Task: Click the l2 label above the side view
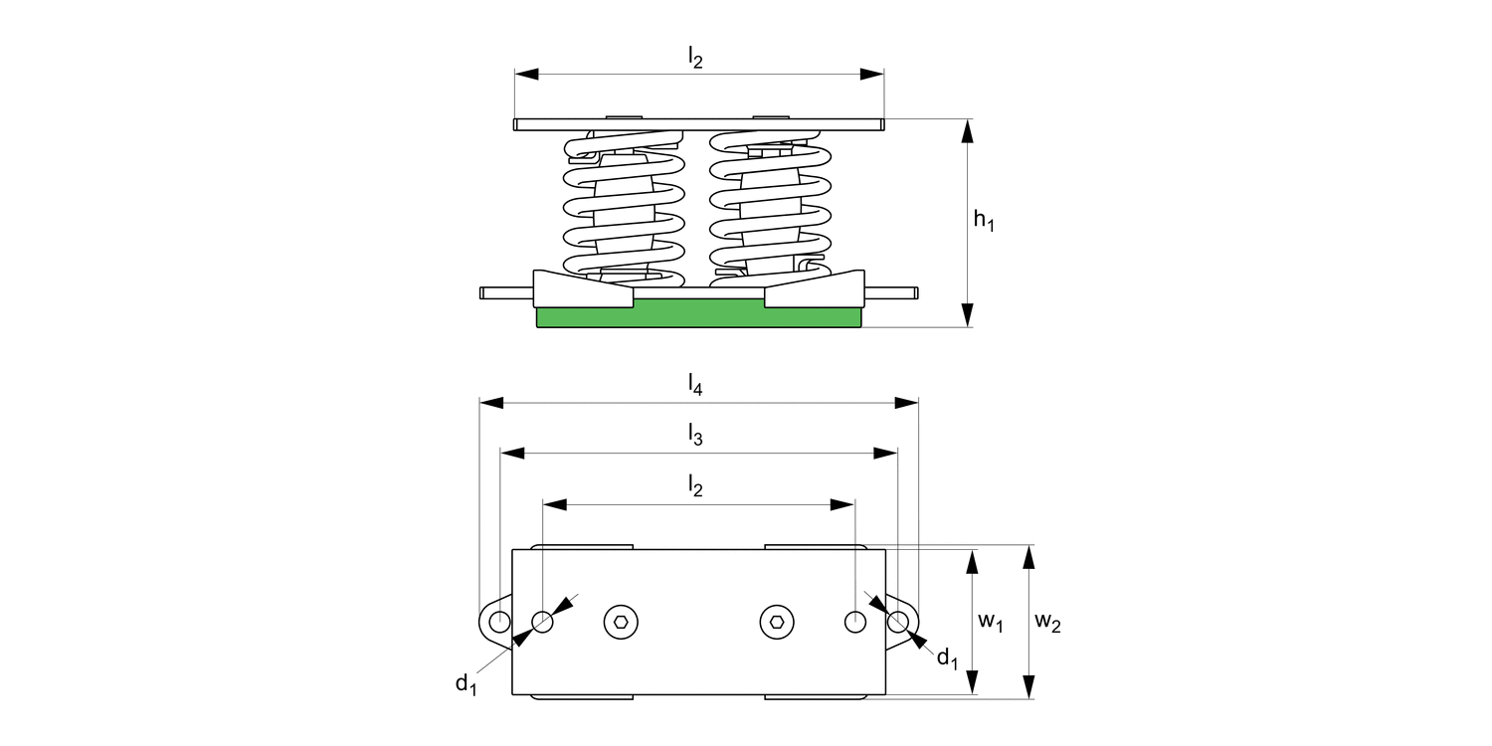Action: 695,59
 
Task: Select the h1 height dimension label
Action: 983,221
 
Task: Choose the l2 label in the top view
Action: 695,486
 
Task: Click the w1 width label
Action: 990,622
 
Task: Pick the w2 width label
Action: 1047,622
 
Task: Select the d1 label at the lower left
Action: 466,682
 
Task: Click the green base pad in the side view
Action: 698,316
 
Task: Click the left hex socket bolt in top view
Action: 621,622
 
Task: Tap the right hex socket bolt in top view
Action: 777,622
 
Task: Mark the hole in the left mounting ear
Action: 499,622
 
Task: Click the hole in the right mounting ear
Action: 897,622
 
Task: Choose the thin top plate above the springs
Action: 698,124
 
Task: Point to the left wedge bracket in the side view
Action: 582,289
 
